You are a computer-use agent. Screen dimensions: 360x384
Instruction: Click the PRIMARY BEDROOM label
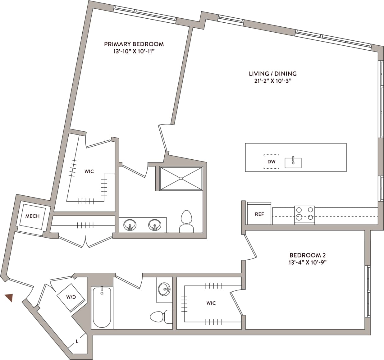(134, 44)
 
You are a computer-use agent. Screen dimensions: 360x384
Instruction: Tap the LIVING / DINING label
(272, 74)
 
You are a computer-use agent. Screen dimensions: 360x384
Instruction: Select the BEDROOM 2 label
(307, 255)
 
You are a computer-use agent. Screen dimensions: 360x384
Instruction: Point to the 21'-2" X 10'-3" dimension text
(272, 81)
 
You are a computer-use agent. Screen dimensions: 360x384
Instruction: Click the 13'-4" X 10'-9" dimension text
(307, 262)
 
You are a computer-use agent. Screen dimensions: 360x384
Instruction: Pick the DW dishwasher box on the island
(271, 162)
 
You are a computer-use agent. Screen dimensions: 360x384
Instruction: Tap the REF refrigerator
(259, 214)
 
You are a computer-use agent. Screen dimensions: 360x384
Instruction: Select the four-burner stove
(304, 214)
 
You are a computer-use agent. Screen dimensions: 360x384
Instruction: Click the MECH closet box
(32, 216)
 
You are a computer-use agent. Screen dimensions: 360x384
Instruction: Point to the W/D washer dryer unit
(71, 297)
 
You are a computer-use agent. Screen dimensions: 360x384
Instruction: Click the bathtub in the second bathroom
(102, 307)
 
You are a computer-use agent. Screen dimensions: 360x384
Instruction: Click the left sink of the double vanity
(130, 225)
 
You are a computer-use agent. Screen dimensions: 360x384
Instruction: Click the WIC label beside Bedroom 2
(211, 303)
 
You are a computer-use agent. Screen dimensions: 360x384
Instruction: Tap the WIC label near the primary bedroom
(89, 171)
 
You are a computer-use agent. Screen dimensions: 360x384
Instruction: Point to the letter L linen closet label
(77, 341)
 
